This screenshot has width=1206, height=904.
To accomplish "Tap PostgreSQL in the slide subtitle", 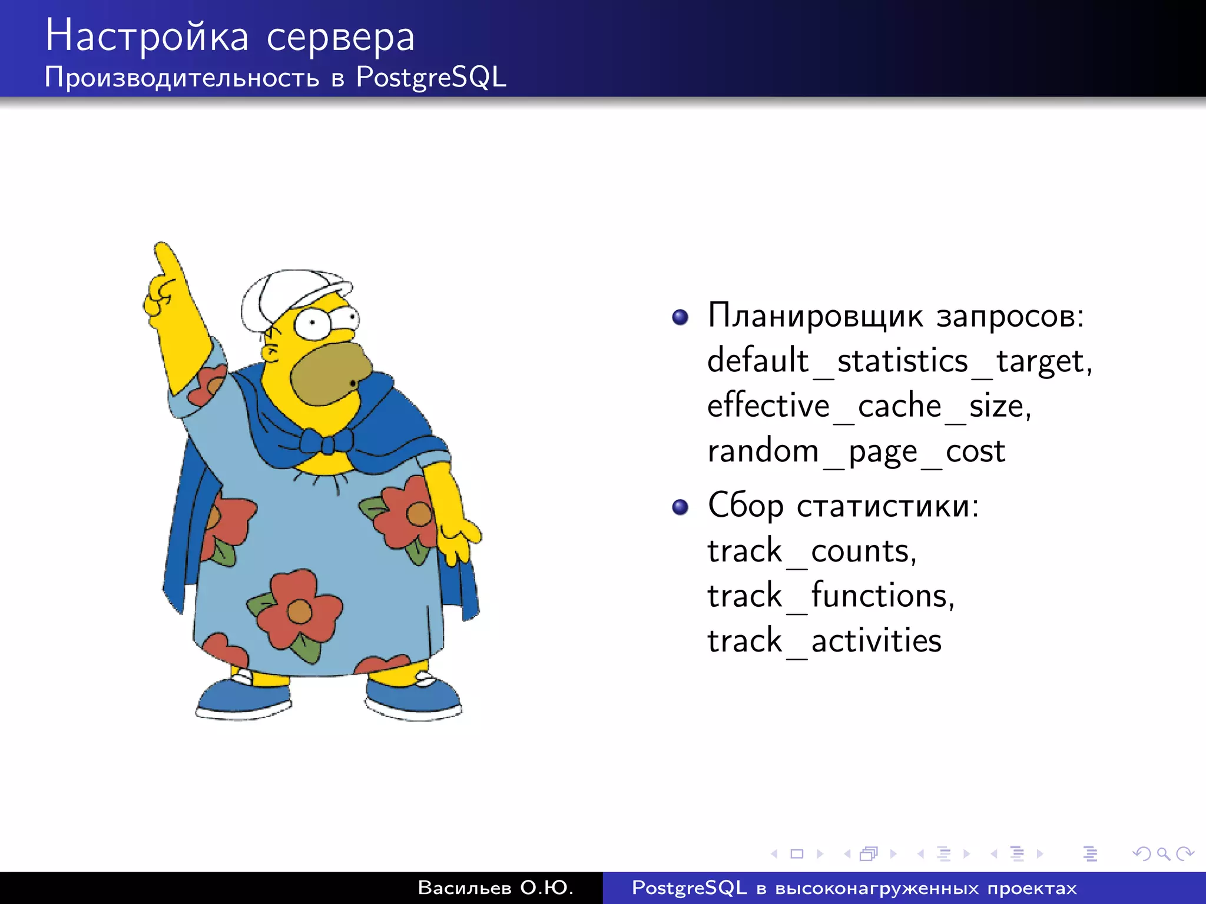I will [430, 78].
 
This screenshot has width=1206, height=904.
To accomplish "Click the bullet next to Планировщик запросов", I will [680, 317].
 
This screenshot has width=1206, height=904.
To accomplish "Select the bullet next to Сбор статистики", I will [680, 507].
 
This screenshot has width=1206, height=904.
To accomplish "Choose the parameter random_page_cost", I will [856, 452].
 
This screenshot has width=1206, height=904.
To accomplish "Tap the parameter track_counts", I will [811, 551].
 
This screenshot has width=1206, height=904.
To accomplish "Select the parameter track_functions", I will [830, 596].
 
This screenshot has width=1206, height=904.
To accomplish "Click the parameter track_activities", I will [824, 641].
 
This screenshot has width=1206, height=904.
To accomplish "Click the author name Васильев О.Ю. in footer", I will [495, 888].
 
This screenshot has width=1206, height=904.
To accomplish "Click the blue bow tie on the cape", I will [326, 441].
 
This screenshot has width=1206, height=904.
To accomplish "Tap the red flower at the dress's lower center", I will [299, 610].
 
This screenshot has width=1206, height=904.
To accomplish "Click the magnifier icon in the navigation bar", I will [1163, 853].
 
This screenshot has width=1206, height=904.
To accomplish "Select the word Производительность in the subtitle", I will [181, 78].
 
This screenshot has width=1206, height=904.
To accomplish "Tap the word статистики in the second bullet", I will [887, 506].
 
